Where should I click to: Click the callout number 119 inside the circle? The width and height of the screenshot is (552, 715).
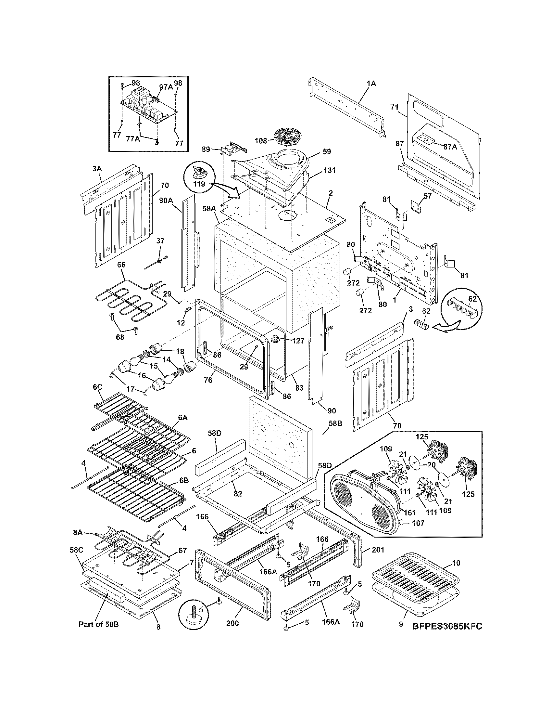click(198, 184)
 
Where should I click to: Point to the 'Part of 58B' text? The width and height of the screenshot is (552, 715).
click(99, 624)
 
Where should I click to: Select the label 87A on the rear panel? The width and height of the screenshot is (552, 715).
click(450, 147)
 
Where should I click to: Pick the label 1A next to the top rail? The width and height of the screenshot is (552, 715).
click(371, 84)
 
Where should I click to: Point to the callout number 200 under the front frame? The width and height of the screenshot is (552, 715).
click(232, 623)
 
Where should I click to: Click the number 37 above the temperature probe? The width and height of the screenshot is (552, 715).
click(160, 241)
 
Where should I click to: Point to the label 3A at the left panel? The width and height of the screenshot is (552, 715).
click(97, 169)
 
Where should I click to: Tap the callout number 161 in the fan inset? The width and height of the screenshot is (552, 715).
click(410, 513)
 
